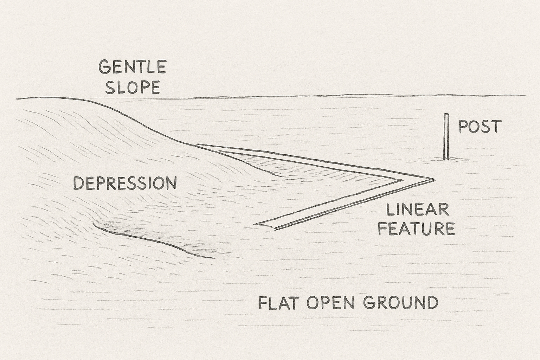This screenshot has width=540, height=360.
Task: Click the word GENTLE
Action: [x=132, y=67]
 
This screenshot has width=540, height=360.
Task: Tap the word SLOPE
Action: [x=133, y=87]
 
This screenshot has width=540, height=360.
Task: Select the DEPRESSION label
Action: [x=125, y=183]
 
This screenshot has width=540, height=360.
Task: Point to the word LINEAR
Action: [x=418, y=210]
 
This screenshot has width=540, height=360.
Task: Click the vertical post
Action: [x=446, y=137]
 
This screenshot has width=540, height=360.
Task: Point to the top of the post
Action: [x=446, y=115]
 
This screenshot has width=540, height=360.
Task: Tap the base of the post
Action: [x=446, y=159]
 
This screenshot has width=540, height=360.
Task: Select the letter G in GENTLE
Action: [x=104, y=67]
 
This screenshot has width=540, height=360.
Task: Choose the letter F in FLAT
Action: [x=263, y=302]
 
